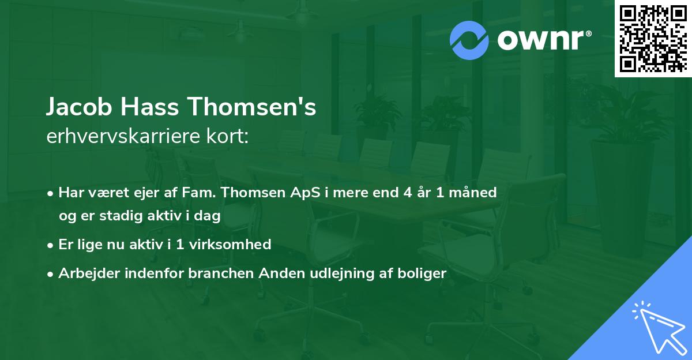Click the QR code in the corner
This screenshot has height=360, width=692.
coord(653,38)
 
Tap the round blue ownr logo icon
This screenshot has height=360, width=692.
coord(469,40)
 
